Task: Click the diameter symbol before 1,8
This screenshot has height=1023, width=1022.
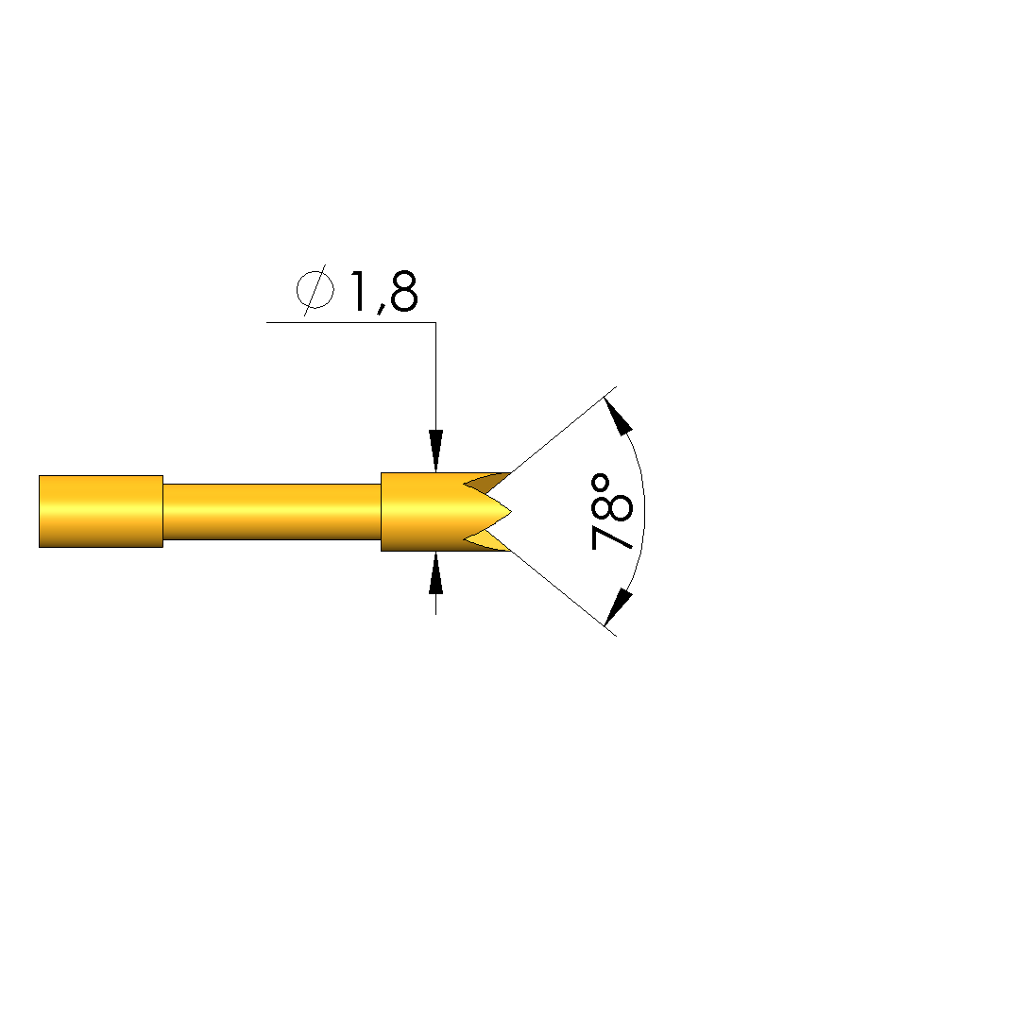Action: (315, 290)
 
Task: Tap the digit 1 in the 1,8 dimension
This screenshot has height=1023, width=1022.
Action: (359, 291)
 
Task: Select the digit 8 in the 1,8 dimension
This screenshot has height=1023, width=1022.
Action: (403, 291)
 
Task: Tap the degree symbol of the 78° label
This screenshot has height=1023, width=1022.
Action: (600, 484)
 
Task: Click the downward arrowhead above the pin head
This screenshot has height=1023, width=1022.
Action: (435, 451)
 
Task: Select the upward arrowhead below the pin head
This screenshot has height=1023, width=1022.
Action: (435, 572)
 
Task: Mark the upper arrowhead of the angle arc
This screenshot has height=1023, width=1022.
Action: (618, 417)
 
